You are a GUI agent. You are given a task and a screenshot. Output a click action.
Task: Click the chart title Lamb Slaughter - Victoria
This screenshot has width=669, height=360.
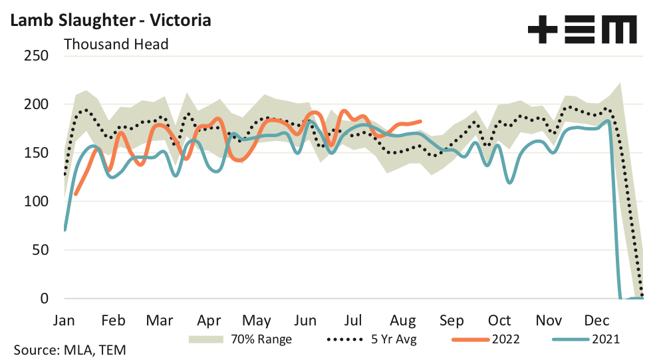coord(110,20)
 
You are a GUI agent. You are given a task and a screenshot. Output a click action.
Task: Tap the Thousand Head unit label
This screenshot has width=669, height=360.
coord(116,45)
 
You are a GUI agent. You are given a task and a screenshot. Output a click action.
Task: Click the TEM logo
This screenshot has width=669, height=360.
coord(582,30)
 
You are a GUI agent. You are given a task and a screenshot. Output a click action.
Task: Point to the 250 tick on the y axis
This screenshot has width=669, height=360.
coord(36,56)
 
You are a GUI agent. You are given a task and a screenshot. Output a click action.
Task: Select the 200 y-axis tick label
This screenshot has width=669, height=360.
coord(36,104)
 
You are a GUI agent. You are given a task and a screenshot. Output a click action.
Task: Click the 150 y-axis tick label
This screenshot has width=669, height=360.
coord(36,153)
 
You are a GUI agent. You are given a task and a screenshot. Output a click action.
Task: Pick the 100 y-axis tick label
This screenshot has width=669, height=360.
coord(36,202)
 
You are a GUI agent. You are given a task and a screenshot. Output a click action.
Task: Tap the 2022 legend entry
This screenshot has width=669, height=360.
coord(485,339)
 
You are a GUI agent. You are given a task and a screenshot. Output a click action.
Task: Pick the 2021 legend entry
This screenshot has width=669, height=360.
coord(586,339)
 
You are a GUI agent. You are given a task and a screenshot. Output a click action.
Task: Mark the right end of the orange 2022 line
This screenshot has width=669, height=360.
coord(421,121)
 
